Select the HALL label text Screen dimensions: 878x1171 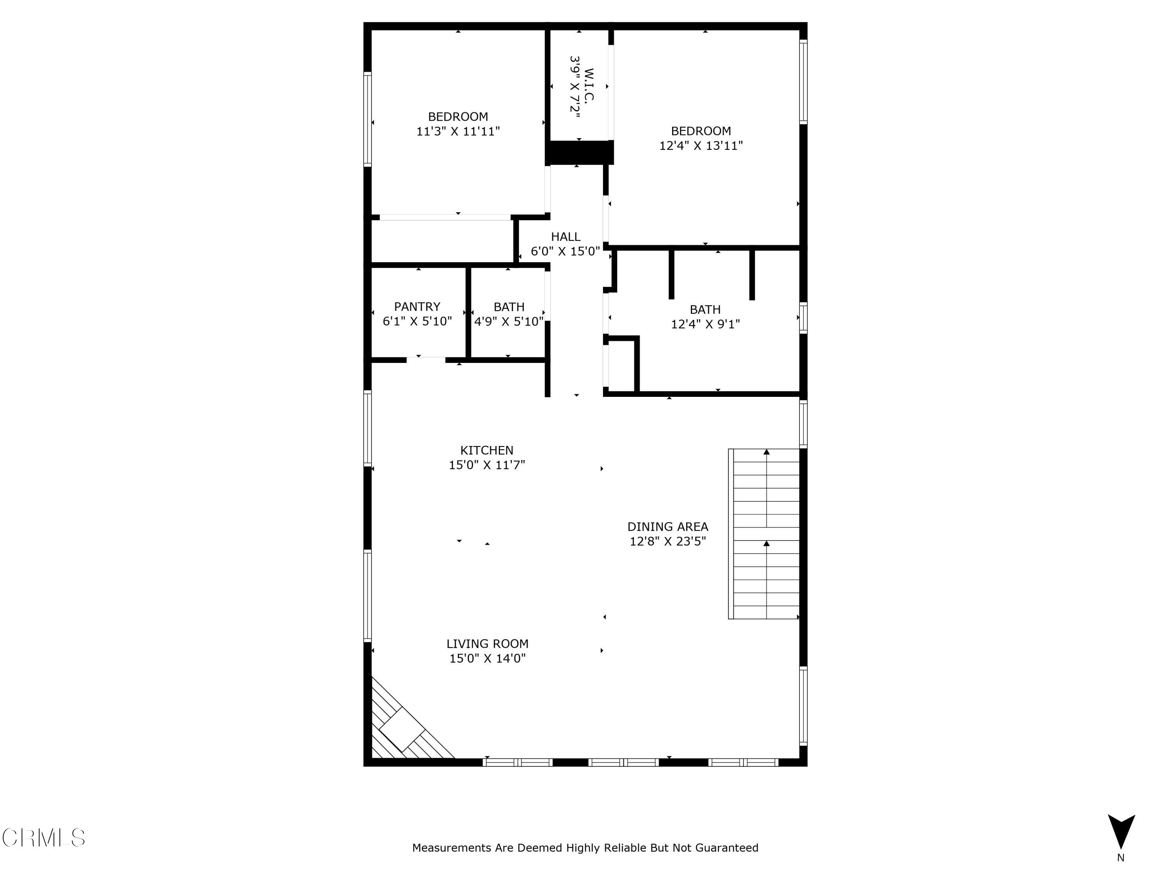pyautogui.click(x=565, y=236)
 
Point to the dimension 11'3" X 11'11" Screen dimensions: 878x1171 pyautogui.click(x=458, y=131)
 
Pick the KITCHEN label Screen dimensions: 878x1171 pyautogui.click(x=486, y=450)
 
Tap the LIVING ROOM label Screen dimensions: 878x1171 pyautogui.click(x=487, y=643)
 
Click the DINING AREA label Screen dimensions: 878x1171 pyautogui.click(x=667, y=526)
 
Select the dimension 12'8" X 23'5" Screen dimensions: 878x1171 pyautogui.click(x=667, y=541)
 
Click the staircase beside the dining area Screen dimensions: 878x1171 pyautogui.click(x=765, y=533)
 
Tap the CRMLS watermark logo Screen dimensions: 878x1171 pyautogui.click(x=43, y=838)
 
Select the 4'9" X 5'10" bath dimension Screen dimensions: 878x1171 pyautogui.click(x=508, y=321)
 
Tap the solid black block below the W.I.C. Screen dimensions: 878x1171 pyautogui.click(x=579, y=153)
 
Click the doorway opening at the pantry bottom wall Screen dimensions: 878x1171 pyautogui.click(x=425, y=360)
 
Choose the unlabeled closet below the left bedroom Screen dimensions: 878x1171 pyautogui.click(x=441, y=241)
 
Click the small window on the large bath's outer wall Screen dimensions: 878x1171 pyautogui.click(x=803, y=318)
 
